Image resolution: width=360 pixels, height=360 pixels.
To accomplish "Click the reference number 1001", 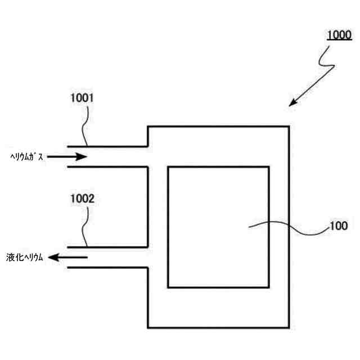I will click(82, 98).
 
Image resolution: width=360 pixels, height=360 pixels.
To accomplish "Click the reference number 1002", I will click(82, 199).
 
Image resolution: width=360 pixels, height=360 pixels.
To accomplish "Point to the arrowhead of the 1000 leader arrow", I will click(292, 103).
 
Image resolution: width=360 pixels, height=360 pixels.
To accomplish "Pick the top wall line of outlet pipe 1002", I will click(107, 247).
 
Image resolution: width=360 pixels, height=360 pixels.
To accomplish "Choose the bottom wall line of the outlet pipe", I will click(107, 268).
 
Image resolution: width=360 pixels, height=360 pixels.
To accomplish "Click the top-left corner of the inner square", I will click(168, 166).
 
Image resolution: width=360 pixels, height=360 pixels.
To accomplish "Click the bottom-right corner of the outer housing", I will click(290, 327).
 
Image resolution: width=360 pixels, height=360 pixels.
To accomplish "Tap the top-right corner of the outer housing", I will click(290, 127).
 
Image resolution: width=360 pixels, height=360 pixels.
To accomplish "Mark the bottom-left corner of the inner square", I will click(168, 287).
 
